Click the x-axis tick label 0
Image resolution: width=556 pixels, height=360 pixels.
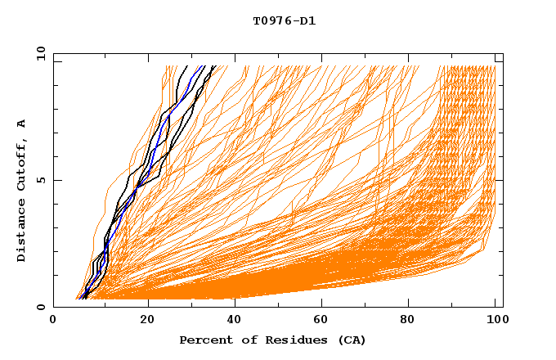pyautogui.click(x=53, y=322)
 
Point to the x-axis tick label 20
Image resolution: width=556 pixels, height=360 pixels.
pyautogui.click(x=148, y=322)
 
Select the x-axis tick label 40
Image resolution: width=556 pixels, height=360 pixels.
pyautogui.click(x=236, y=322)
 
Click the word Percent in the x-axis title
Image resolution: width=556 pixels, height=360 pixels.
pyautogui.click(x=204, y=340)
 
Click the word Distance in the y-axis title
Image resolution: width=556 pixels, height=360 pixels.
pyautogui.click(x=22, y=232)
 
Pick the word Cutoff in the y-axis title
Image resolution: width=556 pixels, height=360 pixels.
pyautogui.click(x=22, y=163)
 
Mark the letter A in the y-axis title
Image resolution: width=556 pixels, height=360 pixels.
pyautogui.click(x=22, y=124)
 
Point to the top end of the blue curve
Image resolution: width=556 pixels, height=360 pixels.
pyautogui.click(x=204, y=66)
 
